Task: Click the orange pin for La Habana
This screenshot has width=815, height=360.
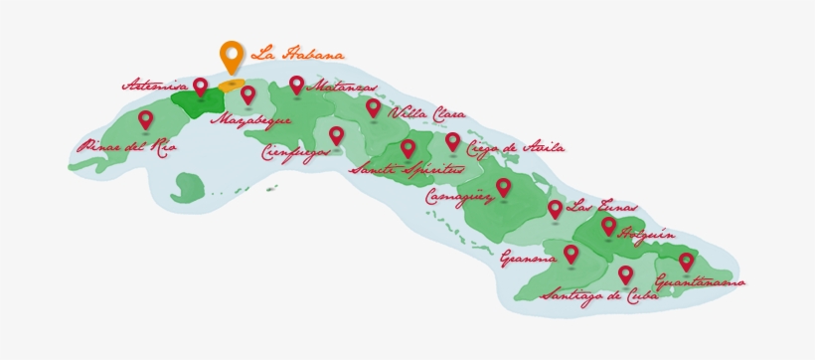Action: [232, 56]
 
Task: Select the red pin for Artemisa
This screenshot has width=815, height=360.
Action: [200, 86]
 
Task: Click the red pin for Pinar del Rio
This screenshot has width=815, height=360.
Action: [146, 119]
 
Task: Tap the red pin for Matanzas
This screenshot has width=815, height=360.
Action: [296, 86]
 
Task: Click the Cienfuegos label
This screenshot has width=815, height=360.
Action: [297, 153]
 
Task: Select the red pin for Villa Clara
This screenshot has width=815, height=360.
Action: [373, 106]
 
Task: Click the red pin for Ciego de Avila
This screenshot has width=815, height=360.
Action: [452, 141]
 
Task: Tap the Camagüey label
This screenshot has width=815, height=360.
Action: [458, 197]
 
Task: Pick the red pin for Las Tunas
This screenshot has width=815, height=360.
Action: [555, 208]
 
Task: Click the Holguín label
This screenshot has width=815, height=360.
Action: [647, 235]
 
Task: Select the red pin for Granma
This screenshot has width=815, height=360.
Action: [570, 253]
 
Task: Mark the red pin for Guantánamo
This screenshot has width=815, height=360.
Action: [686, 261]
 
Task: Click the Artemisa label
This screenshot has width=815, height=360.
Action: [155, 85]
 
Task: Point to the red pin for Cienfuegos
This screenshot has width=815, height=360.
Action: [336, 134]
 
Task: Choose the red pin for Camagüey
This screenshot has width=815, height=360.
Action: [503, 185]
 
